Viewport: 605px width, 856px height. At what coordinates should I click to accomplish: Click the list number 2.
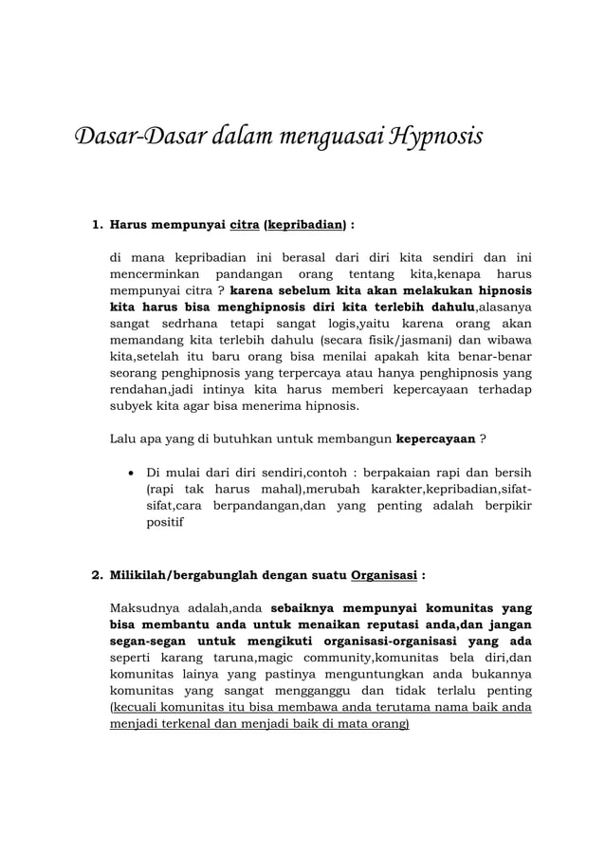tap(95, 575)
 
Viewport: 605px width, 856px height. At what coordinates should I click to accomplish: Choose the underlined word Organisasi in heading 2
tap(383, 575)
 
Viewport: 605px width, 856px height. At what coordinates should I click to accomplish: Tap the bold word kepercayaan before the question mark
tap(435, 439)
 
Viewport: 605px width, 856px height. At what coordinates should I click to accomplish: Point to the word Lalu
tap(125, 439)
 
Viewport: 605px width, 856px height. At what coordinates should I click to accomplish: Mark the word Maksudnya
tap(147, 607)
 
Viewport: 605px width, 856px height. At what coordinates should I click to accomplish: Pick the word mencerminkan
tap(151, 273)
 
